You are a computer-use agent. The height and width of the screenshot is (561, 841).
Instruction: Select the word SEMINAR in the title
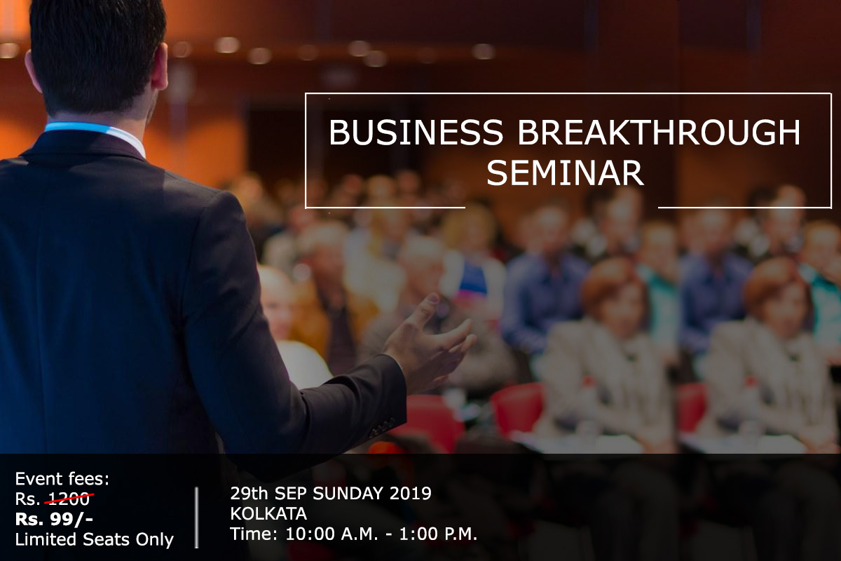click(x=565, y=173)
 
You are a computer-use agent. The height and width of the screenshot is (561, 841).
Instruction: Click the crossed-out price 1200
click(x=69, y=499)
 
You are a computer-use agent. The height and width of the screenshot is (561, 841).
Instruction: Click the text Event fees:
click(x=62, y=480)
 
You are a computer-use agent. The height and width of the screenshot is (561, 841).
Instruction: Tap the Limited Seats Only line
click(x=95, y=540)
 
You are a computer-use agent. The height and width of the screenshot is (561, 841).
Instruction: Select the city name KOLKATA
click(x=268, y=514)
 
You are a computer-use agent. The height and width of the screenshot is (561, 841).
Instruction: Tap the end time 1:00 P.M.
click(x=439, y=534)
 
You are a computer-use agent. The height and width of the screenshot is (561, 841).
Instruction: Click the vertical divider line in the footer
click(x=196, y=518)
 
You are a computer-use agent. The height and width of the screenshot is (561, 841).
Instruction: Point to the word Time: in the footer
click(x=254, y=534)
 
